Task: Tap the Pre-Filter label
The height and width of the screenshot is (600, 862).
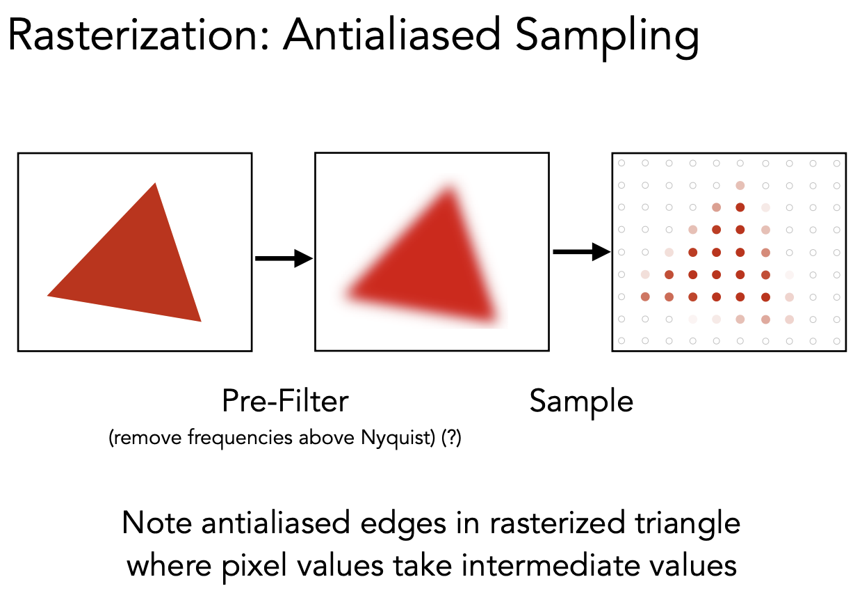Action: pyautogui.click(x=285, y=402)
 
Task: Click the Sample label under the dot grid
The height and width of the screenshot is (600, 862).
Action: pyautogui.click(x=581, y=402)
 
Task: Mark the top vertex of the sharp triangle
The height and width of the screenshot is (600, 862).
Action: pyautogui.click(x=155, y=184)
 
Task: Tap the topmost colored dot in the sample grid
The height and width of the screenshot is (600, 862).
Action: pyautogui.click(x=740, y=186)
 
